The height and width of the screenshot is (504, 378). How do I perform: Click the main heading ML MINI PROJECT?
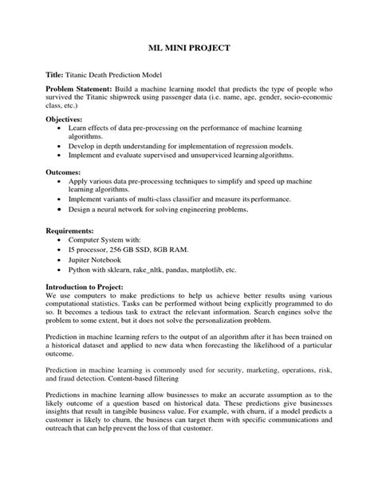click(x=189, y=48)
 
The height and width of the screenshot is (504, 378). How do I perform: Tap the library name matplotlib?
click(x=225, y=269)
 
